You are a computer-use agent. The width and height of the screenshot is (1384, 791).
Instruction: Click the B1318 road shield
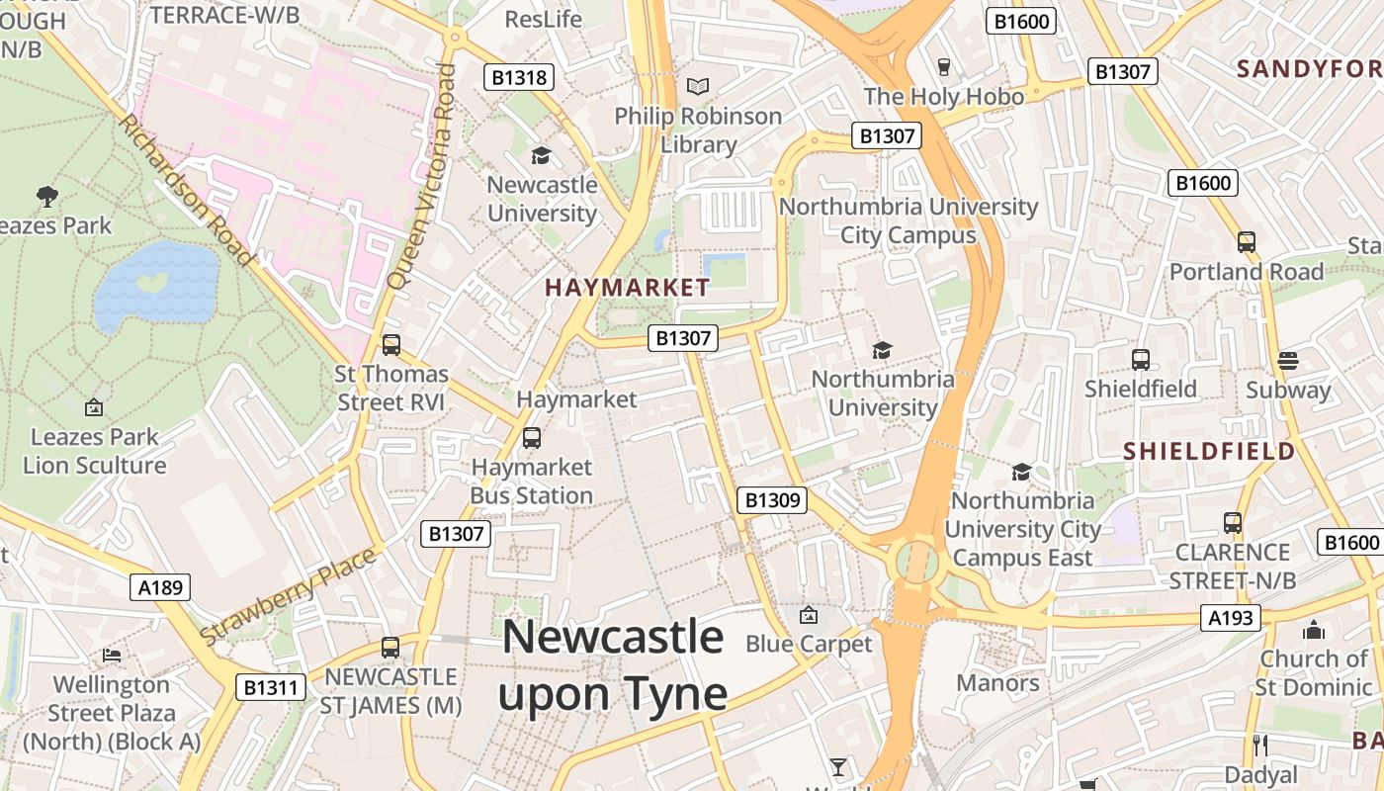tap(519, 77)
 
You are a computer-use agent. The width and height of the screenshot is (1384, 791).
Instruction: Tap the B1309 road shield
tap(771, 500)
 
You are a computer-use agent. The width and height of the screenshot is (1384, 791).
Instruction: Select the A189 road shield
tap(160, 588)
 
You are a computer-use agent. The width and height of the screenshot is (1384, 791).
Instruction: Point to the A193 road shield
tap(1232, 618)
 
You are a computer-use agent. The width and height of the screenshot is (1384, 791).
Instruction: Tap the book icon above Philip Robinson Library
tap(698, 87)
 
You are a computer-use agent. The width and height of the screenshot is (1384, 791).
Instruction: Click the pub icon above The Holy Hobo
tap(943, 67)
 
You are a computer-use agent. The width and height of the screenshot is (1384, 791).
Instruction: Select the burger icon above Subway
tap(1287, 360)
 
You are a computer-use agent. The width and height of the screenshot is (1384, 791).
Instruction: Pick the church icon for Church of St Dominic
tap(1313, 629)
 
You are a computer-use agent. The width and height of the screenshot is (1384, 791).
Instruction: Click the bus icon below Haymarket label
tap(532, 437)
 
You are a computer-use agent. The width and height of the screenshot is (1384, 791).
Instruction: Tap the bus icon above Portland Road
tap(1246, 242)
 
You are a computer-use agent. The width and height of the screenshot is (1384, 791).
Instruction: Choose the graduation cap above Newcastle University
tap(541, 155)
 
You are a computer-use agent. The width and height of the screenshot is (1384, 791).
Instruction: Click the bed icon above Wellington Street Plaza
tap(112, 655)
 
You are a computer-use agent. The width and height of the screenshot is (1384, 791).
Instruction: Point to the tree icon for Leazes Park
tap(46, 196)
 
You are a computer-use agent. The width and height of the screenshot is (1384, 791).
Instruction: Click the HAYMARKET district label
tap(627, 288)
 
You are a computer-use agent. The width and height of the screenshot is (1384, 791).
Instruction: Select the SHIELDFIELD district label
tap(1208, 451)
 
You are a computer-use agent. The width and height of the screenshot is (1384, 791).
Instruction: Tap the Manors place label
tap(996, 682)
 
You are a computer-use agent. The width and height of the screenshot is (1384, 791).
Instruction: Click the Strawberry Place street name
tap(289, 596)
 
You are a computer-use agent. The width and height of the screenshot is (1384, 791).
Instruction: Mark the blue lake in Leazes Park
tap(156, 288)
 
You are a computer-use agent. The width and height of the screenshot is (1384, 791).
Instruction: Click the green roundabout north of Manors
tap(916, 563)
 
